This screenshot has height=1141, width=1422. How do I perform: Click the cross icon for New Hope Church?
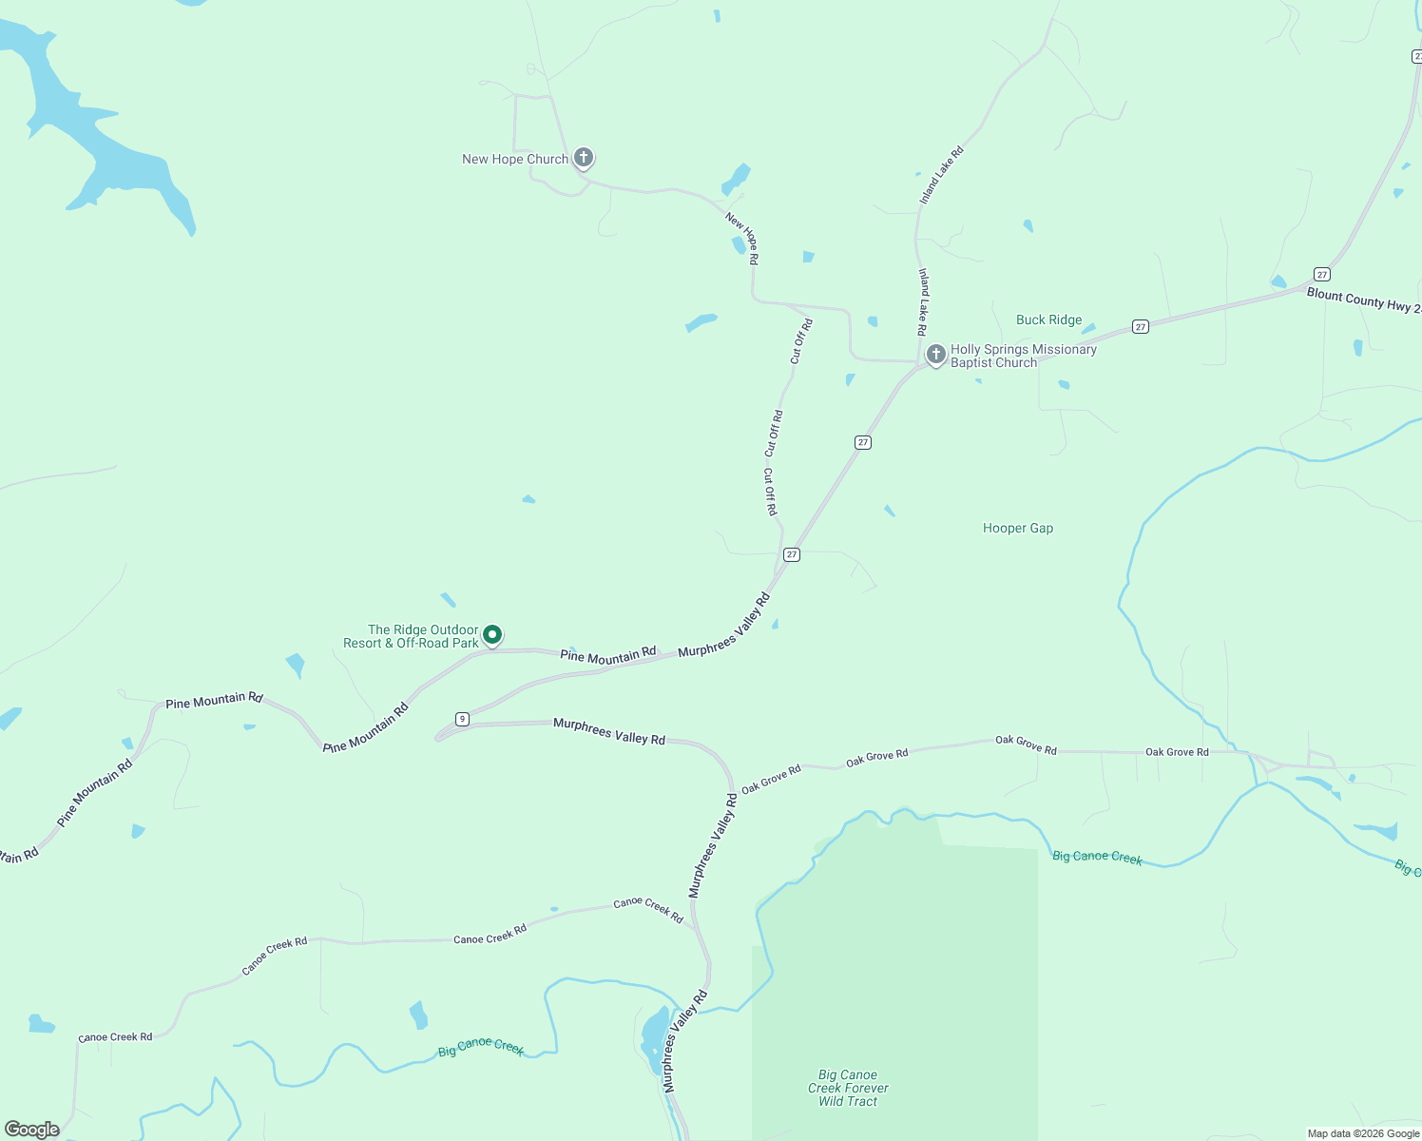coord(584,157)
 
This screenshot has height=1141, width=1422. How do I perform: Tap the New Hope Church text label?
coord(514,160)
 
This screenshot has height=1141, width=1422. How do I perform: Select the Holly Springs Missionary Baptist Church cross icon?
coord(936,355)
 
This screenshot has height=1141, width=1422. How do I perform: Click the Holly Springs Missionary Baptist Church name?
coord(1023,356)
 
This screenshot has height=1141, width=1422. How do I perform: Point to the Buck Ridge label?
coord(1048,320)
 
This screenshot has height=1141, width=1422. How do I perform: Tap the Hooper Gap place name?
coord(1017,529)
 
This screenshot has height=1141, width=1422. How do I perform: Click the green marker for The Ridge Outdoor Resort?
coord(492,634)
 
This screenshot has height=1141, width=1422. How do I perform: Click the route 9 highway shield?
coord(462,719)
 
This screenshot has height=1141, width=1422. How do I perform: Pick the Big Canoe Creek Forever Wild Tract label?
coord(848,1088)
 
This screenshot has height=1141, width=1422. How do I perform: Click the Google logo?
coord(32,1130)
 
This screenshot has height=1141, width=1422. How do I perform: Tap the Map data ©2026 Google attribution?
coord(1363,1133)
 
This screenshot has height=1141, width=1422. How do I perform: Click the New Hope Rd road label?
coord(742,238)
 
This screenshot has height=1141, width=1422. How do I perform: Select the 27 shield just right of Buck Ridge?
coord(1141,327)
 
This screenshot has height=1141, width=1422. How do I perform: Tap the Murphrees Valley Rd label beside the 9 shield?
coord(608,731)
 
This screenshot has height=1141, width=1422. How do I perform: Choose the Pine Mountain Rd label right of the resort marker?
coord(607,655)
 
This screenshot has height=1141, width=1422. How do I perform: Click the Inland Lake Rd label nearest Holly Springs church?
coord(922,301)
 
